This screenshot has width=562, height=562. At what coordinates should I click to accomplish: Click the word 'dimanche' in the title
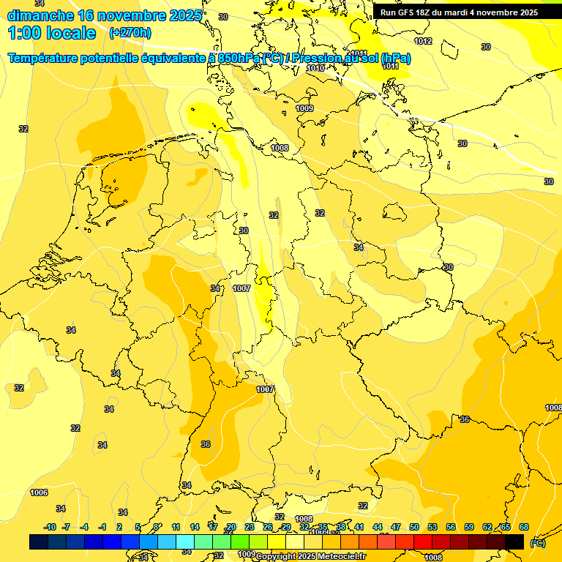pyautogui.click(x=40, y=15)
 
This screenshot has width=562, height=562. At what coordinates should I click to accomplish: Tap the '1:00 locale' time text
pyautogui.click(x=52, y=33)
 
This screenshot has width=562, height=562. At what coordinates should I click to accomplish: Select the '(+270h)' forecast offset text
pyautogui.click(x=130, y=33)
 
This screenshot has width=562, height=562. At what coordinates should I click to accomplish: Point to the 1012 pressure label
pyautogui.click(x=423, y=41)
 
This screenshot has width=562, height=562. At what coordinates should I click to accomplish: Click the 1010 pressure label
pyautogui.click(x=315, y=68)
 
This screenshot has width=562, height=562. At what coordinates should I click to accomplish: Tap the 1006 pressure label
pyautogui.click(x=39, y=492)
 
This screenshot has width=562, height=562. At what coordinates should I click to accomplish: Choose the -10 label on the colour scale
pyautogui.click(x=50, y=527)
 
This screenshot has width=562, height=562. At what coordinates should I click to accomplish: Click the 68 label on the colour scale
pyautogui.click(x=524, y=527)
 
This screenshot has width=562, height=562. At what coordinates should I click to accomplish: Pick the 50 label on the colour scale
pyautogui.click(x=414, y=527)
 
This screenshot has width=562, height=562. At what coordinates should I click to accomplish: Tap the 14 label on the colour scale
pyautogui.click(x=195, y=527)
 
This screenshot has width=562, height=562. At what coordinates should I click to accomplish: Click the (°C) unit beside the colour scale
pyautogui.click(x=537, y=542)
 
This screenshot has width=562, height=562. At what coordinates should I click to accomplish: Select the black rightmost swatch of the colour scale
pyautogui.click(x=514, y=542)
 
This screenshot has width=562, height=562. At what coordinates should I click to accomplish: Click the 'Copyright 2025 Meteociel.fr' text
pyautogui.click(x=310, y=556)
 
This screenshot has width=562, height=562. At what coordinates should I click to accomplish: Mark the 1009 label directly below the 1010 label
pyautogui.click(x=304, y=108)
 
